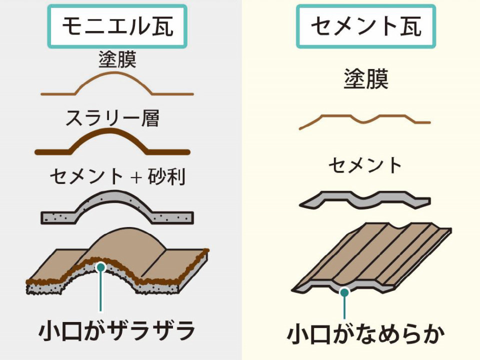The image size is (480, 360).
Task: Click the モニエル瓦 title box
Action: (x=117, y=26)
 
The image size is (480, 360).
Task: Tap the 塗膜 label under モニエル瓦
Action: (x=117, y=60)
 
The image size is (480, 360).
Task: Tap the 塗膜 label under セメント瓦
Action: (x=366, y=78)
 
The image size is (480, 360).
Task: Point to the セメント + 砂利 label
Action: (x=117, y=176)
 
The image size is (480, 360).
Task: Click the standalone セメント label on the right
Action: (x=365, y=165)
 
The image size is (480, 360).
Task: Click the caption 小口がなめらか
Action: (x=365, y=334)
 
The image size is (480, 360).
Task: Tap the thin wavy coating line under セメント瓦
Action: (x=365, y=119)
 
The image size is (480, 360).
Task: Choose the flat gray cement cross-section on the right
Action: (x=365, y=197)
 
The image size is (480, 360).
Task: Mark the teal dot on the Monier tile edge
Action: (x=101, y=267)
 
